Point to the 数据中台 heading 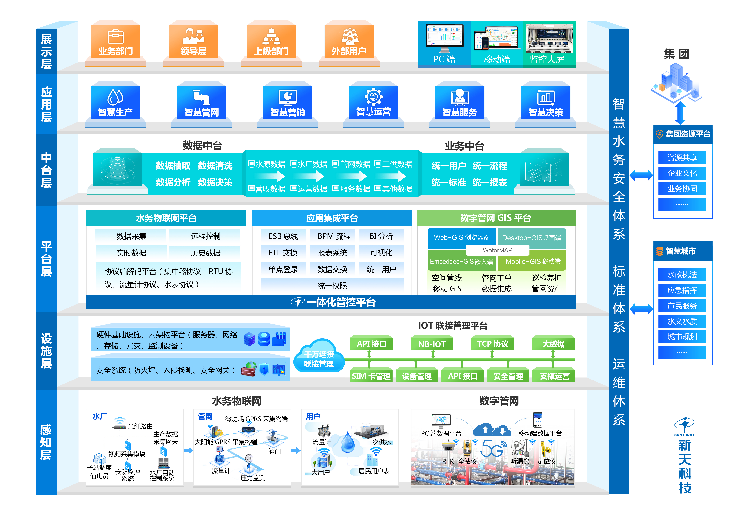click(x=202, y=146)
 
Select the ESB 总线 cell click(x=283, y=236)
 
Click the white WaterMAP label click(x=497, y=250)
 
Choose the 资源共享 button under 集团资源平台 click(x=682, y=158)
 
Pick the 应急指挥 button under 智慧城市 click(x=682, y=290)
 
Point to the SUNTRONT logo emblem click(x=684, y=425)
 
